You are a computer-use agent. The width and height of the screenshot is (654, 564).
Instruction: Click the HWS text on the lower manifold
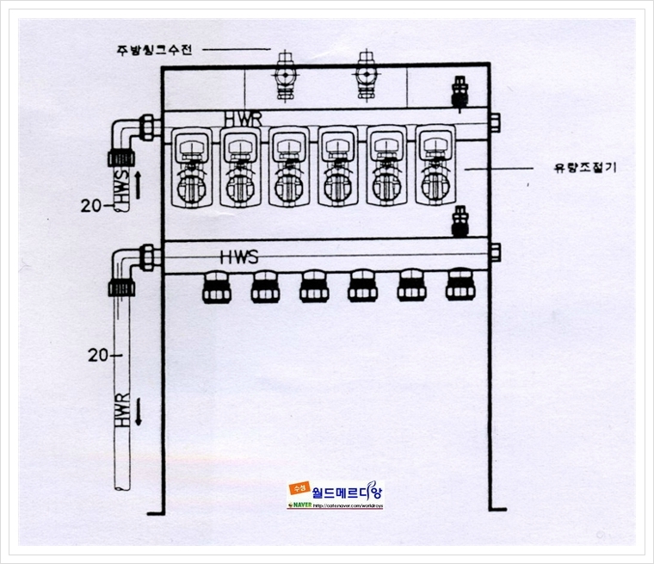point(242,256)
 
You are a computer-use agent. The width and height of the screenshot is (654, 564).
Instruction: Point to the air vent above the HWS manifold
point(460,221)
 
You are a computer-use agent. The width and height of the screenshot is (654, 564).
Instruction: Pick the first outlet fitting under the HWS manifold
point(216,288)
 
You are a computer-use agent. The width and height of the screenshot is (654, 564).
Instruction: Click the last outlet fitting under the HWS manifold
point(460,286)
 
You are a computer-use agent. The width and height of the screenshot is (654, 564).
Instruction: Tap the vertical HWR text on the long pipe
point(123,412)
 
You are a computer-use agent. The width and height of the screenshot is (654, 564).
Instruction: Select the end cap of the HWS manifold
point(495,252)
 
